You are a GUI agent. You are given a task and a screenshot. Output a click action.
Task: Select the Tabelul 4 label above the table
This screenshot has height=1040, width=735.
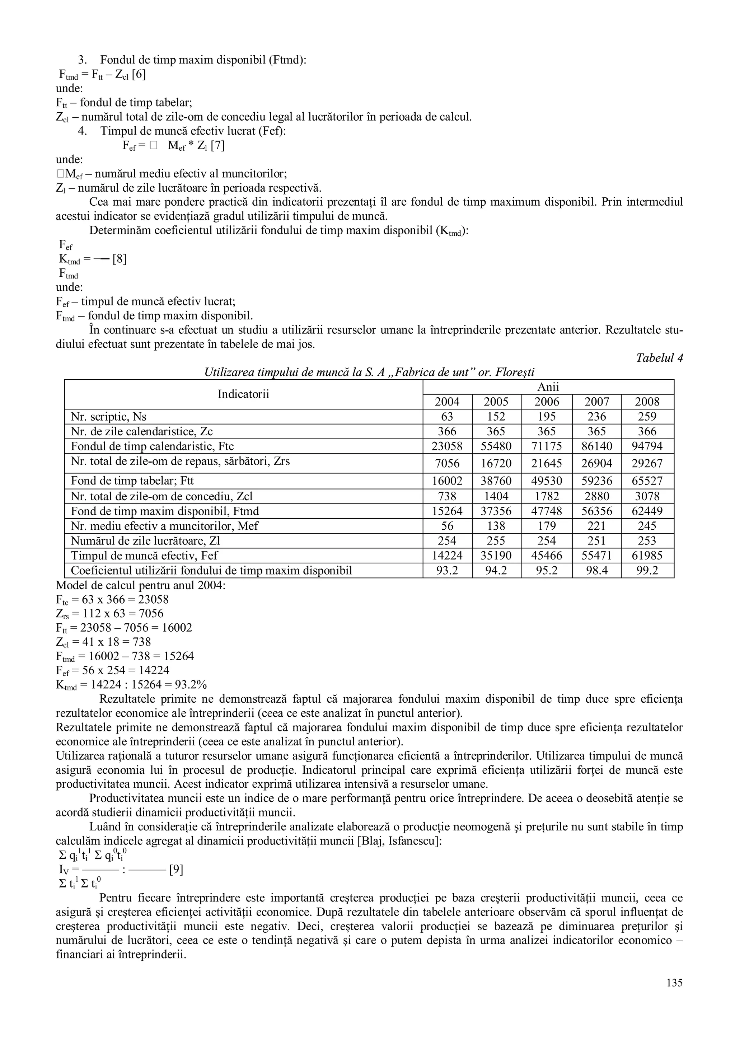coord(659,358)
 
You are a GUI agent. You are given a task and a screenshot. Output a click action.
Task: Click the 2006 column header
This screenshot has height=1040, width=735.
coord(547,402)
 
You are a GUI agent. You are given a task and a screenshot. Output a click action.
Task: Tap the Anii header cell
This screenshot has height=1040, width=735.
coord(548,387)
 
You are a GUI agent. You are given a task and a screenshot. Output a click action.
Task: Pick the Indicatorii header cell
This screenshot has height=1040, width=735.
coord(243,394)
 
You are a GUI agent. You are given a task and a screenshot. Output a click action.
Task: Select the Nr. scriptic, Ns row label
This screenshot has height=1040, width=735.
coord(109,417)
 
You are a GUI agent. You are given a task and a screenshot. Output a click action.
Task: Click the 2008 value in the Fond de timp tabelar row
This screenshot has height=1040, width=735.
coord(647,481)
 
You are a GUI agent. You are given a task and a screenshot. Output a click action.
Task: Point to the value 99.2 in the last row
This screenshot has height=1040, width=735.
coord(647,571)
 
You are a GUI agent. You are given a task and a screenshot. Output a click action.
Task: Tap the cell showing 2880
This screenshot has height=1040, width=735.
coord(597,496)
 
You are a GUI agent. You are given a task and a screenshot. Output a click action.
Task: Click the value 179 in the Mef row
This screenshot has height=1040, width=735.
coord(547,526)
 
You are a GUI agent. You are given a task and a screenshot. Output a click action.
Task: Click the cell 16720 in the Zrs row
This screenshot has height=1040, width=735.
coord(496,463)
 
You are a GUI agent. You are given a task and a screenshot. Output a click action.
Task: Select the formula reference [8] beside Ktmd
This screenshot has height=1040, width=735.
coord(120,259)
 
